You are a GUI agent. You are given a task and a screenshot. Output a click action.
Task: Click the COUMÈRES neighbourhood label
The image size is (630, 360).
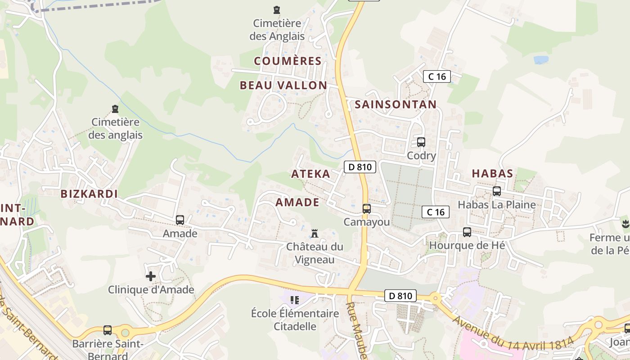[x=288, y=61]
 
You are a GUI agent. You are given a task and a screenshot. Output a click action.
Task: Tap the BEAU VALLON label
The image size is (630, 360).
[x=283, y=85]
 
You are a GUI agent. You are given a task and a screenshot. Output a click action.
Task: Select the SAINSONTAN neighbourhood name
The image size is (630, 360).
[x=396, y=104]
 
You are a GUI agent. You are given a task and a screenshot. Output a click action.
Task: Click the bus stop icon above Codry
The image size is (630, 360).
[x=421, y=142]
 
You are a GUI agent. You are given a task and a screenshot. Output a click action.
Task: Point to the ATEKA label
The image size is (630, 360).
[x=310, y=174]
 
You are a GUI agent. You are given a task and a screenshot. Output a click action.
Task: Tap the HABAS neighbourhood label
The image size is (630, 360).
[x=492, y=173]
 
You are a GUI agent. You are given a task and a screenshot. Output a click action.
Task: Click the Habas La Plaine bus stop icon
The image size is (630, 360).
[x=497, y=191]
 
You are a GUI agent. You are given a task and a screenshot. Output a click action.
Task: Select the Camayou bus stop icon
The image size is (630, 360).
[x=367, y=208]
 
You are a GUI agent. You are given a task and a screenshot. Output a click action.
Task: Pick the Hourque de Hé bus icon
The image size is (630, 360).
[x=467, y=232]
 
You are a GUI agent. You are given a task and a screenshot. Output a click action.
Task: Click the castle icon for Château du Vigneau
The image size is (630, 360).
[x=315, y=233]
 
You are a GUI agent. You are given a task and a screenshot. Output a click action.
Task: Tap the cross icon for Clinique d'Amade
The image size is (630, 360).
[x=151, y=276]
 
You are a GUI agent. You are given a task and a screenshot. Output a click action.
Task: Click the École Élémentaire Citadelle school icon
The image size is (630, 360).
[x=295, y=300]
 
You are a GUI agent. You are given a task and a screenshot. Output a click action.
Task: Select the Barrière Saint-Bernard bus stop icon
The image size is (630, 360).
[x=108, y=330]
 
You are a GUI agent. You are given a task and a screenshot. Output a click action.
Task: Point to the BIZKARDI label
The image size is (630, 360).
[x=89, y=194]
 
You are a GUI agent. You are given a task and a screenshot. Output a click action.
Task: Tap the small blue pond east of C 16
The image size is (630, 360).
[x=541, y=59]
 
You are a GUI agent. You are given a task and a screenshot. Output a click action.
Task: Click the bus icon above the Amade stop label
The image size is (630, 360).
[x=180, y=220]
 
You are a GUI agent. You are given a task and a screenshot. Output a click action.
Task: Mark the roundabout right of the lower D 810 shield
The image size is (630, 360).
[x=435, y=297]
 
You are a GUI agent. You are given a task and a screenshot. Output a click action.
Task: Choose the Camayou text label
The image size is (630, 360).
[x=367, y=222]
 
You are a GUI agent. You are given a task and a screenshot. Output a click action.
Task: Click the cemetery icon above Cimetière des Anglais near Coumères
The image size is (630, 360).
[x=277, y=9]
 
